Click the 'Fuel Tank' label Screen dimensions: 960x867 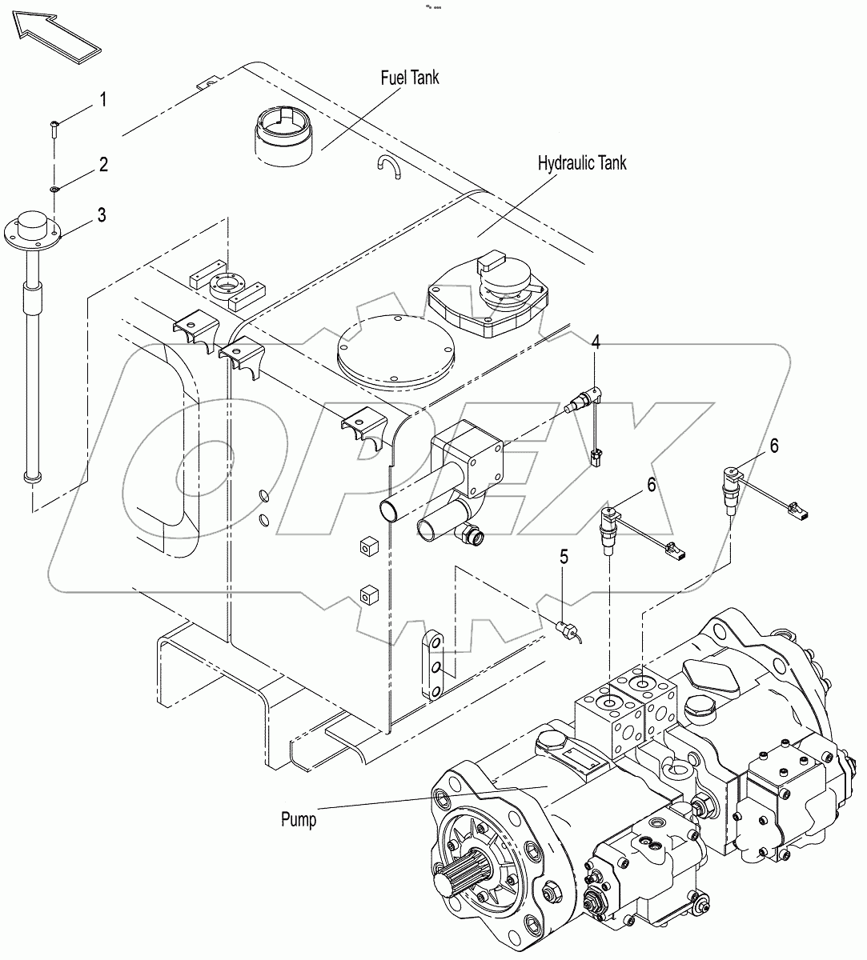click(x=409, y=78)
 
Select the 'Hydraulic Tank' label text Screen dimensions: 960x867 click(x=581, y=163)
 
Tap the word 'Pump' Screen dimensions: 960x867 click(x=299, y=820)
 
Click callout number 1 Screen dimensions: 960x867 click(x=102, y=100)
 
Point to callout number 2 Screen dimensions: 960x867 click(x=103, y=166)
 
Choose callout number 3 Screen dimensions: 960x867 click(x=102, y=214)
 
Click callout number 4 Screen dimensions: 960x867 click(x=596, y=342)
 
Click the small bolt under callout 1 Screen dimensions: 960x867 click(x=53, y=126)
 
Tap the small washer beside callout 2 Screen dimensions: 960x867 click(x=54, y=190)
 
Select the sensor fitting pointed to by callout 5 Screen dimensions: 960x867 click(x=564, y=629)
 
